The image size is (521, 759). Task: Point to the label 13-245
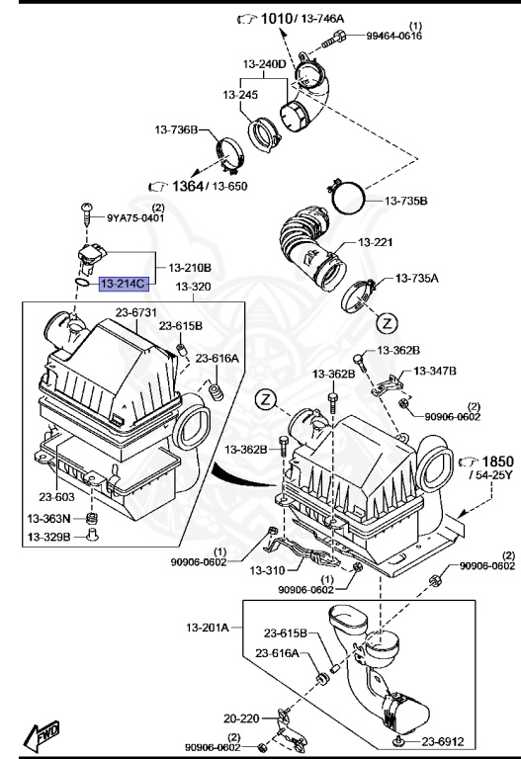tap(242, 96)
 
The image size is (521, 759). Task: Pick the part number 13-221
tap(376, 242)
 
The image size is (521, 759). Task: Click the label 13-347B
tap(435, 372)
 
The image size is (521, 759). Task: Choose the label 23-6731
tap(136, 313)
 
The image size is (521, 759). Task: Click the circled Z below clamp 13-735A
tap(387, 322)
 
